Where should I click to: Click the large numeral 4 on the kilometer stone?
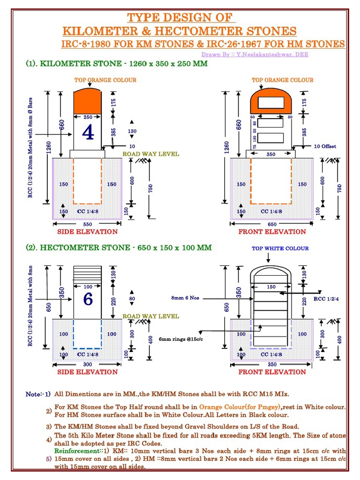[88, 133]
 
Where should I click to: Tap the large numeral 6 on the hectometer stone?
[88, 299]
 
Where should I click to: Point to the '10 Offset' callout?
[325, 146]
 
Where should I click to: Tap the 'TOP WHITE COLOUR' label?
[280, 248]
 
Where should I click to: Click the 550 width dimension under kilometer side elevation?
[88, 224]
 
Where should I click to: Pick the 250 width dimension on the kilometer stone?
[88, 117]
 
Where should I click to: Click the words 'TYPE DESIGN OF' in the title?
[180, 18]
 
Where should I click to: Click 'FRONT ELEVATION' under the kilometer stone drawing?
[272, 232]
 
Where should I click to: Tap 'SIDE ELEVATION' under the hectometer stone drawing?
[88, 372]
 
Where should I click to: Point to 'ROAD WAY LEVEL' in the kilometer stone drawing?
[150, 154]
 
